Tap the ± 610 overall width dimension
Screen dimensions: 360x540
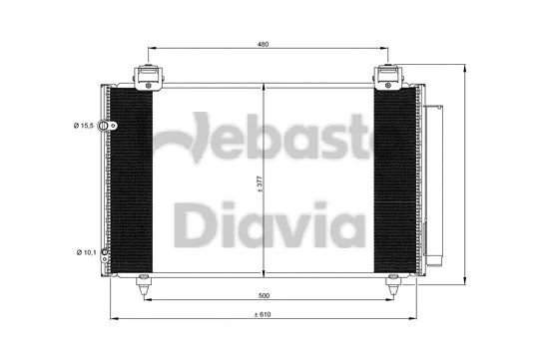coord(263,316)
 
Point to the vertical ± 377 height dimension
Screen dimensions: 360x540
coord(259,182)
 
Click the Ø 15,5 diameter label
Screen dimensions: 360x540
coord(84,126)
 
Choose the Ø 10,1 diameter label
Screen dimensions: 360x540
coord(86,253)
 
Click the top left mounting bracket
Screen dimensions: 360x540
coord(145,76)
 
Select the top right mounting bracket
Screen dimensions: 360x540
coord(387,76)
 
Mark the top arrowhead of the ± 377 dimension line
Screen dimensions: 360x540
coord(264,90)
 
